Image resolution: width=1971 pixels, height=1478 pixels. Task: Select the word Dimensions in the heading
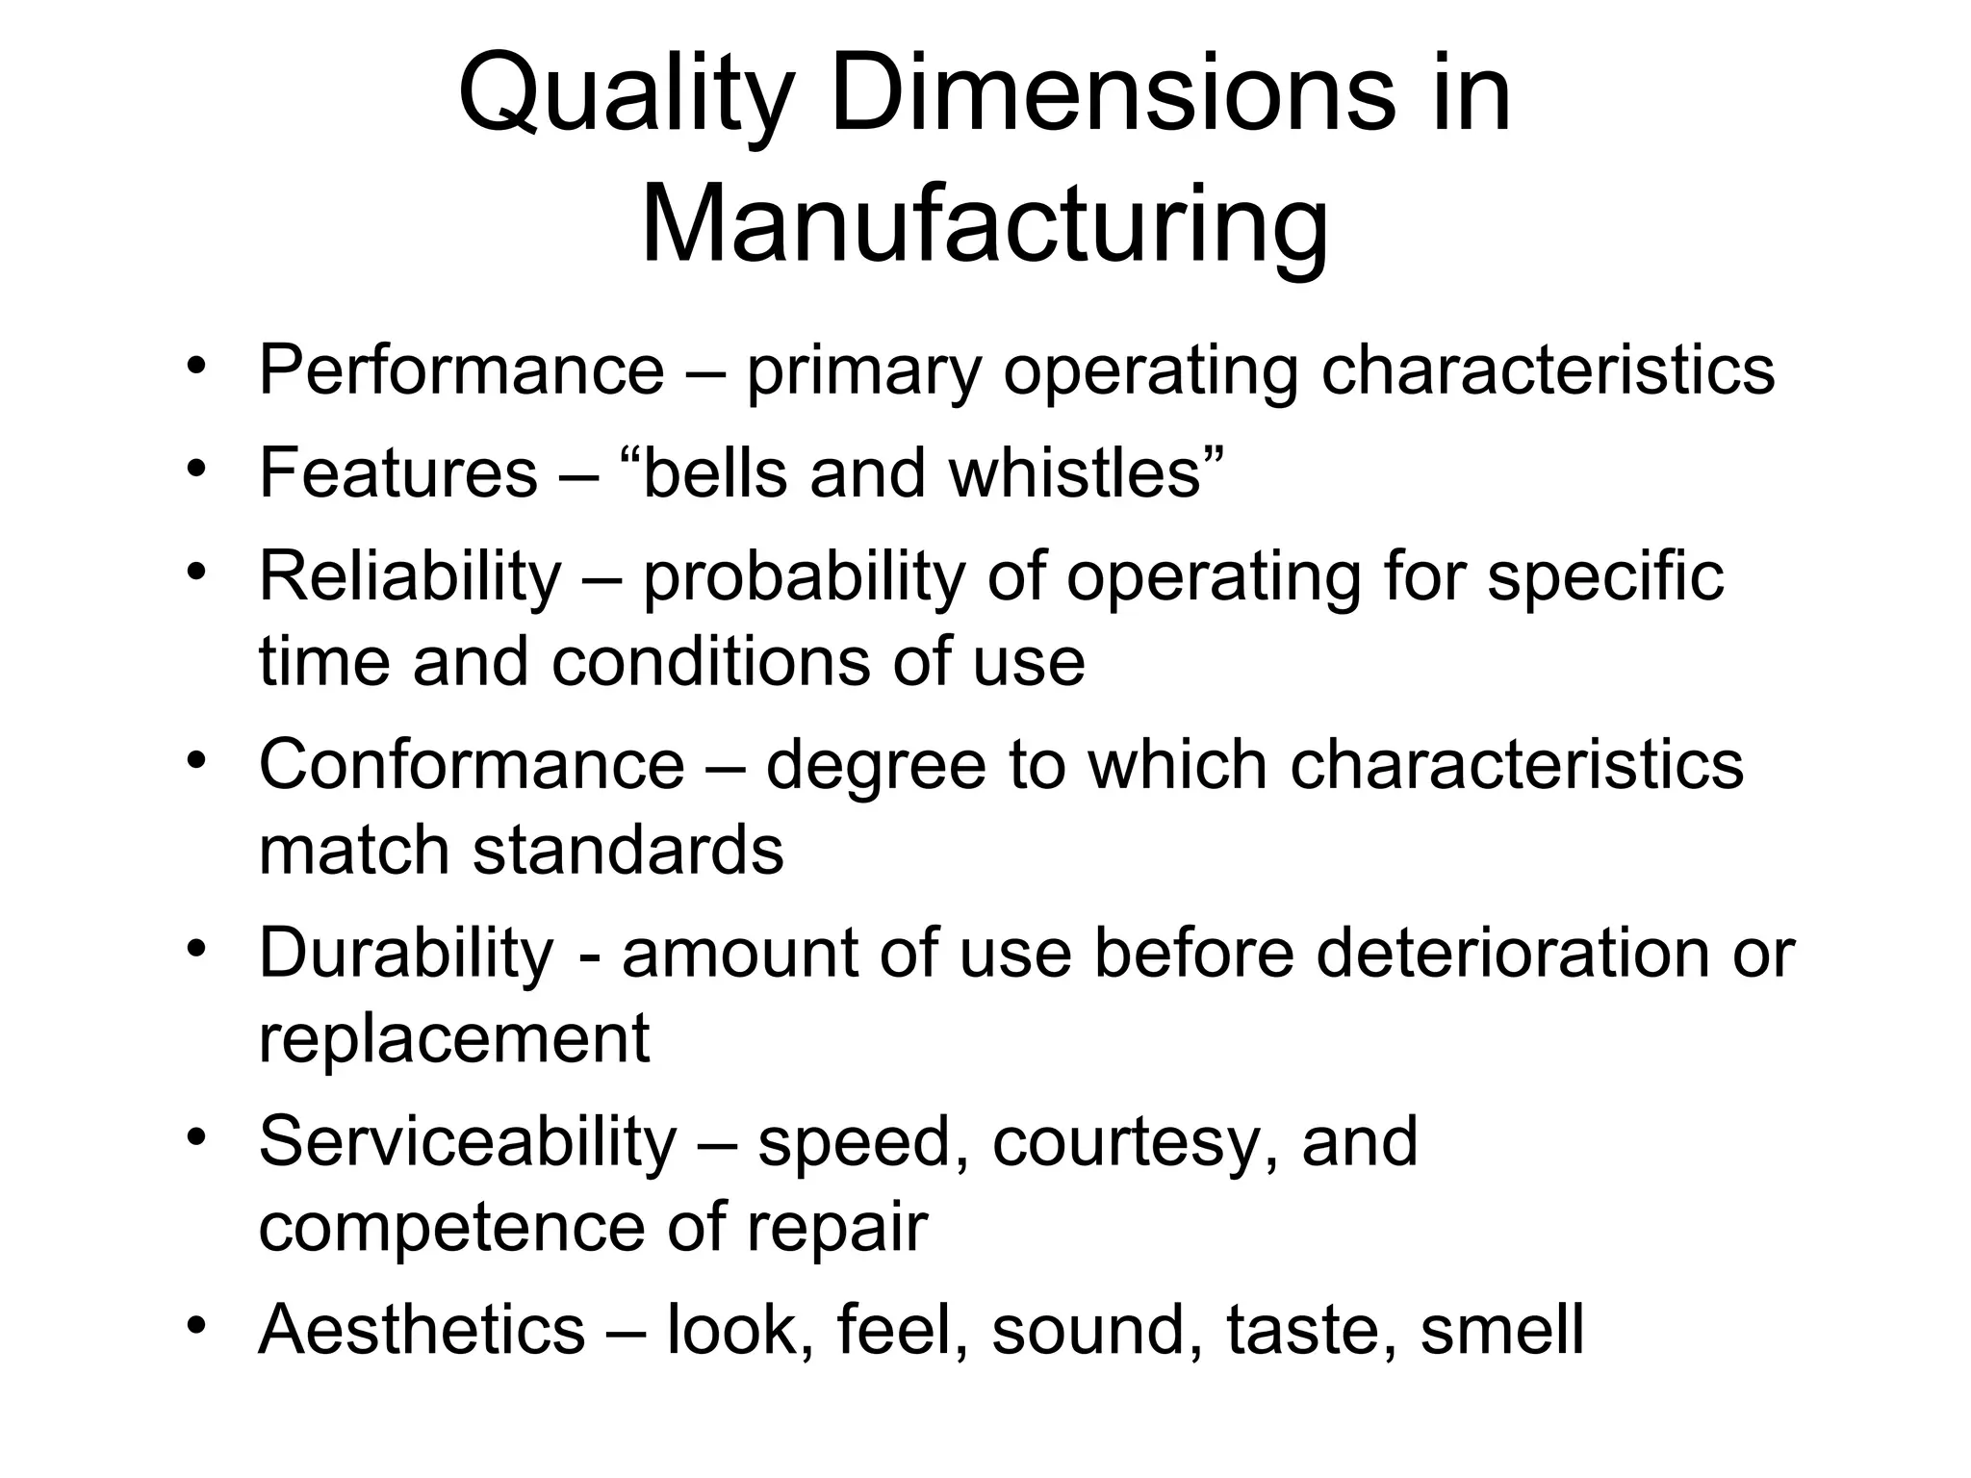pos(1112,96)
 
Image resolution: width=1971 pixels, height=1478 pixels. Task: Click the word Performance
pos(461,369)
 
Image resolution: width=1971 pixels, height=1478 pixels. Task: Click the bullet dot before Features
pos(197,469)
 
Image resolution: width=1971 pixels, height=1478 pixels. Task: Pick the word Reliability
pos(410,577)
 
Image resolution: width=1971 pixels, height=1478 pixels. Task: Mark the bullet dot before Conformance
pos(197,760)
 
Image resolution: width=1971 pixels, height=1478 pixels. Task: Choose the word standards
pos(627,851)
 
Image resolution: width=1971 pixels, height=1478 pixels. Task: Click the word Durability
pos(406,954)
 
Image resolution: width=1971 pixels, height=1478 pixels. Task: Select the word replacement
pos(454,1039)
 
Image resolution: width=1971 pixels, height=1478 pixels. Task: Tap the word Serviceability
pos(468,1142)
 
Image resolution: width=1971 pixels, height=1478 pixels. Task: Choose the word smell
pos(1501,1330)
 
